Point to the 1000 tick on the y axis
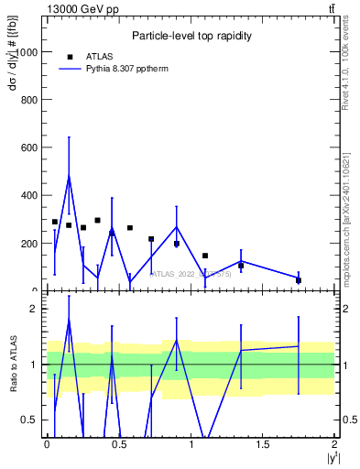tap(28, 52)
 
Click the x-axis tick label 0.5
tap(118, 444)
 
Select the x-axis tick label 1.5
tap(263, 444)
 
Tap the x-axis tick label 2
tap(335, 444)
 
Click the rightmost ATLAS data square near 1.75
tap(299, 280)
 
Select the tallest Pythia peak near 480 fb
tap(69, 176)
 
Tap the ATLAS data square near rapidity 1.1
tap(205, 256)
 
